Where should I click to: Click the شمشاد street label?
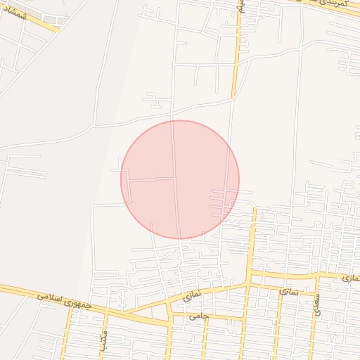[14, 14]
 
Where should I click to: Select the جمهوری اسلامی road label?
[65, 300]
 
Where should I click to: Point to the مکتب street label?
[103, 341]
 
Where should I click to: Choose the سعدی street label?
[317, 303]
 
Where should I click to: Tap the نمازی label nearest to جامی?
[192, 297]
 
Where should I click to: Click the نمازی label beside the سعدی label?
[288, 290]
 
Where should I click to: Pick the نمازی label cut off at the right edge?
[351, 279]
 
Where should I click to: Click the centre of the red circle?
[180, 179]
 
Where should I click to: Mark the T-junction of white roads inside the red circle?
[175, 179]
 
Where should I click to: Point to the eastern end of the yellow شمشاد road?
[59, 31]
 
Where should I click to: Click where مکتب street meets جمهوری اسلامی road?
[105, 311]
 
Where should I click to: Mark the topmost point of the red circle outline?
[180, 120]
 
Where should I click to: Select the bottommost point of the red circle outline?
[180, 238]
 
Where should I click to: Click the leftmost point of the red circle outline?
[121, 179]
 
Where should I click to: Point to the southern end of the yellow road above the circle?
[233, 98]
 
